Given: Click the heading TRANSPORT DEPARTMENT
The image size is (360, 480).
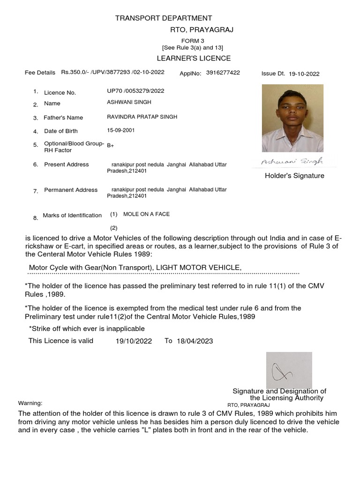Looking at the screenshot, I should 164,18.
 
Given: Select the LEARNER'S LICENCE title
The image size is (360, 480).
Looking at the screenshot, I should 194,58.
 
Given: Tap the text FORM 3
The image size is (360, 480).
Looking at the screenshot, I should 193,41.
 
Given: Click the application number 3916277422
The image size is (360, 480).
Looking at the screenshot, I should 223,73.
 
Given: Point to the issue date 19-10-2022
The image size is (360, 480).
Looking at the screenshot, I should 304,74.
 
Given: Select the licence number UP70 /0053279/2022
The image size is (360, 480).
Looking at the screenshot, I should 135,91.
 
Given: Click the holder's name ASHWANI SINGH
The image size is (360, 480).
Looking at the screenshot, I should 129,102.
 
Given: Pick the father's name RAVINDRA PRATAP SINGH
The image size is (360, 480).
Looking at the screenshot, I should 142,117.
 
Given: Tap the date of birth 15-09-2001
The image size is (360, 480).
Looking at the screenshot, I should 120,130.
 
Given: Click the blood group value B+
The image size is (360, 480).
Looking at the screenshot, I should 110,146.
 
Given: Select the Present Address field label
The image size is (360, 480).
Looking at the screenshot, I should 66,165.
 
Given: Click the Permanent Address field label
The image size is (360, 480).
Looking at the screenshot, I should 71,190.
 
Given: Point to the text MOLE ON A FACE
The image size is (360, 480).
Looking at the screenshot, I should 146,214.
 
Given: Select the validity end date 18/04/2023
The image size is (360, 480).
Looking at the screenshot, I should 195,341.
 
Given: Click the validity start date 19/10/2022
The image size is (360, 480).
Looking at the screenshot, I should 134,341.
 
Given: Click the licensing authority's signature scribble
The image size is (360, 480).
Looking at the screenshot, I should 283,372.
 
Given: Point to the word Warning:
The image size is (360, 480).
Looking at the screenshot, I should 30,403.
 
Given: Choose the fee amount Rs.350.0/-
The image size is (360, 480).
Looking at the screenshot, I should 76,73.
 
